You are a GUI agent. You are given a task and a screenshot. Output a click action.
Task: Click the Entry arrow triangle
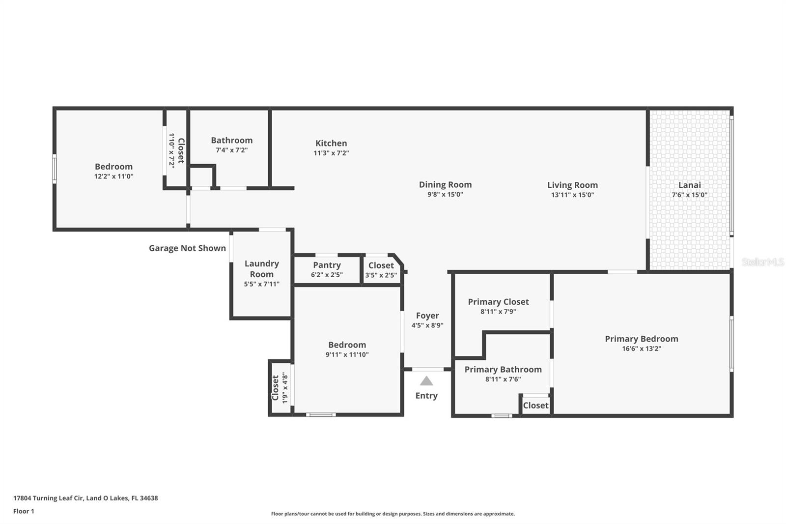click(x=426, y=381)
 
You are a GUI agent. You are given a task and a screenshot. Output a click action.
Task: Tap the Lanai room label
click(x=689, y=185)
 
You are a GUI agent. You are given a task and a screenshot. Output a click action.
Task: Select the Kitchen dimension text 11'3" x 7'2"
click(x=331, y=153)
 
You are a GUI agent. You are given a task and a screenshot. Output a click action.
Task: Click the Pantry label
click(x=327, y=265)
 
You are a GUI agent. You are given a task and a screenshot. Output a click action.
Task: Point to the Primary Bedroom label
click(x=641, y=339)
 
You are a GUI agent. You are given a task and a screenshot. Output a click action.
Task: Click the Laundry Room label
click(x=261, y=269)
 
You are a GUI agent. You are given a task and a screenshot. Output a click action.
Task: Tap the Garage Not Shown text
click(x=187, y=248)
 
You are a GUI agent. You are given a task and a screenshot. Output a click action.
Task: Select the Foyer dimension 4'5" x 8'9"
click(x=427, y=325)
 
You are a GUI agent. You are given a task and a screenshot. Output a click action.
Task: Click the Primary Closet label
click(x=498, y=302)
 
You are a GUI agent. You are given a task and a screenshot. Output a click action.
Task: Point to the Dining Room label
click(x=445, y=185)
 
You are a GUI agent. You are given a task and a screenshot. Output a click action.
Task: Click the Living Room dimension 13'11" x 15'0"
click(x=572, y=195)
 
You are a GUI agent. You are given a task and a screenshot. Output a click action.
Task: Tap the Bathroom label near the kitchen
click(x=231, y=141)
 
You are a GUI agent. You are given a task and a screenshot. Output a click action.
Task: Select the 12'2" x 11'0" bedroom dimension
click(x=113, y=176)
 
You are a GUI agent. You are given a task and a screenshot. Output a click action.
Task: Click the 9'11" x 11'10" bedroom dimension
click(x=347, y=354)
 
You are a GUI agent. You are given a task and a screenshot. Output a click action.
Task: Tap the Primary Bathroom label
click(x=503, y=370)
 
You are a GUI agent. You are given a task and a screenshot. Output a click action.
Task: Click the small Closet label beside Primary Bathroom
click(x=535, y=406)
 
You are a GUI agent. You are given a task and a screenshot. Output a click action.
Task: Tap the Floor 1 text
click(x=24, y=511)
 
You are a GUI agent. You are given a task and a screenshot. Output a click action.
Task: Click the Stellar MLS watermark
click(x=762, y=262)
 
